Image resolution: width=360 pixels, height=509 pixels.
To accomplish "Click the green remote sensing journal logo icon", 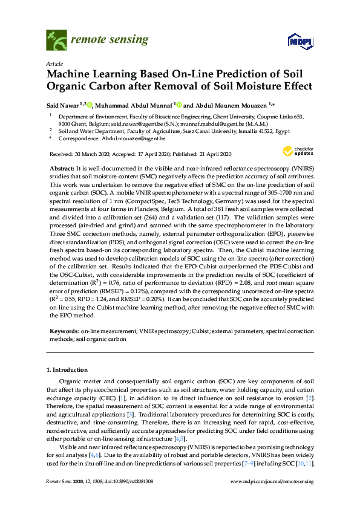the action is (x=56, y=40).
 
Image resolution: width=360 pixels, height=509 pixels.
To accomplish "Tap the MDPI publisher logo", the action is (x=300, y=41).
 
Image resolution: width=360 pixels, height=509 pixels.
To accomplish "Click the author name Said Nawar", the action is (x=64, y=105).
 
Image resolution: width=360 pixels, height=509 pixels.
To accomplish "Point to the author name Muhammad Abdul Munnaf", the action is (x=133, y=105).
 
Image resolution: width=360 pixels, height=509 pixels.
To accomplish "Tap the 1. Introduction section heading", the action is (x=67, y=369).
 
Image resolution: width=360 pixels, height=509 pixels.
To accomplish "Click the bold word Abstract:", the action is (x=62, y=166).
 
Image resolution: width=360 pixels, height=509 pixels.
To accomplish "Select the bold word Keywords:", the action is (x=64, y=331).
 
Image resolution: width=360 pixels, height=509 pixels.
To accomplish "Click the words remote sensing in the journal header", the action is (x=109, y=40).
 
